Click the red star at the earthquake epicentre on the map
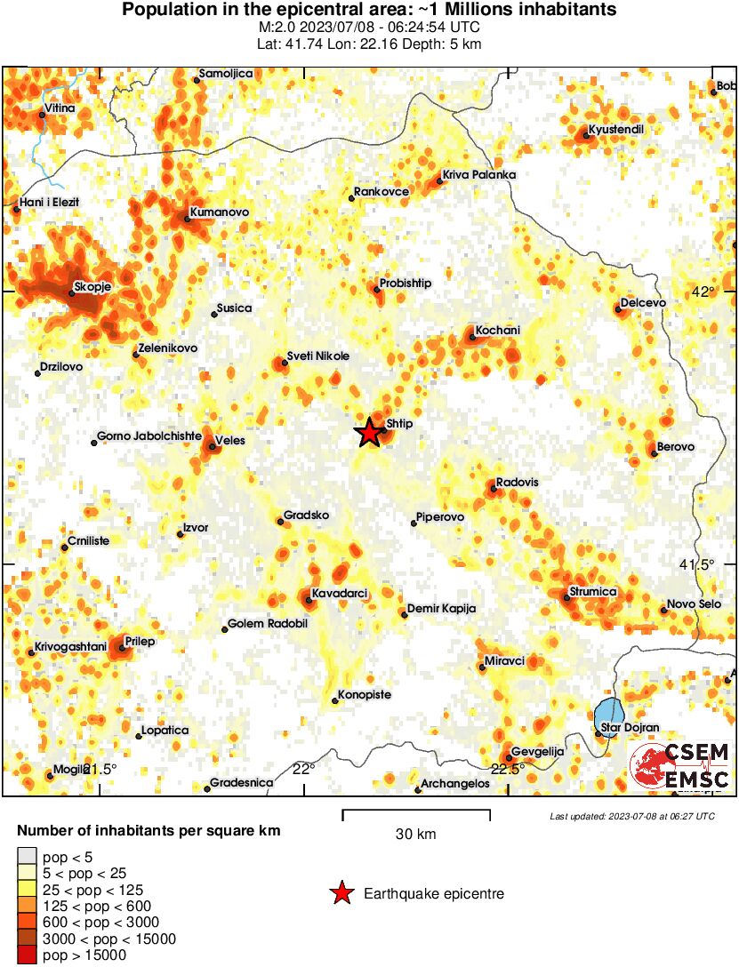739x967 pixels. pyautogui.click(x=370, y=433)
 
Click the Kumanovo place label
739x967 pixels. pyautogui.click(x=219, y=213)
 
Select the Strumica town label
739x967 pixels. pyautogui.click(x=595, y=593)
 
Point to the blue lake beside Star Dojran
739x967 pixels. pyautogui.click(x=609, y=712)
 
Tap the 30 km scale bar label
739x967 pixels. pyautogui.click(x=415, y=834)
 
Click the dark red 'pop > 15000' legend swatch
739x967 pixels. pyautogui.click(x=27, y=955)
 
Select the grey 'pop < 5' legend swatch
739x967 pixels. pyautogui.click(x=27, y=858)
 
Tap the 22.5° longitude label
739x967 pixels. pyautogui.click(x=509, y=769)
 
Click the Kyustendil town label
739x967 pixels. pyautogui.click(x=616, y=130)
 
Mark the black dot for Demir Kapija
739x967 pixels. pyautogui.click(x=404, y=614)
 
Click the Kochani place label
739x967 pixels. pyautogui.click(x=498, y=331)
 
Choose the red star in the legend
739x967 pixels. pyautogui.click(x=341, y=893)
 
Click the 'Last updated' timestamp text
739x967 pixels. pyautogui.click(x=631, y=816)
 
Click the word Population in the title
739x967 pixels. pyautogui.click(x=165, y=10)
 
